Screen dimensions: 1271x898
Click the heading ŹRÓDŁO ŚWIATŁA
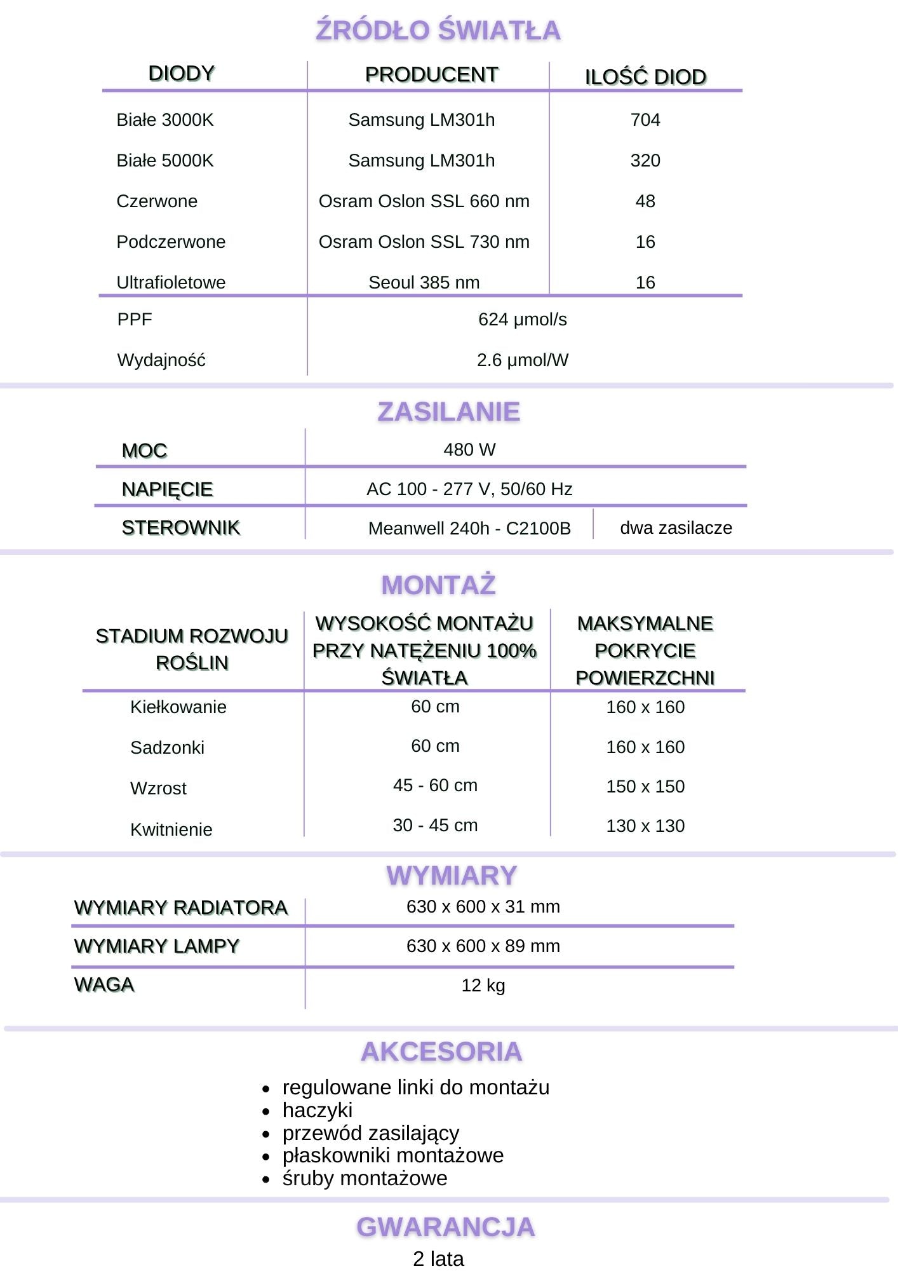pos(438,31)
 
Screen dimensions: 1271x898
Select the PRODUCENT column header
pos(431,74)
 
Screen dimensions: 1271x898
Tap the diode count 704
pos(645,119)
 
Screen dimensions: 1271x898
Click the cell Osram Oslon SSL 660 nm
pos(424,201)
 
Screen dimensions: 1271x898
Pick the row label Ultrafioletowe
pos(171,282)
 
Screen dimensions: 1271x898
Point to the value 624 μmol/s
pos(522,319)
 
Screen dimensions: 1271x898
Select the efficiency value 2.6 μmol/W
pos(522,360)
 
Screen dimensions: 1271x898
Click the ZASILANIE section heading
pos(448,412)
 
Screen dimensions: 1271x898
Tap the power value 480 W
pos(469,449)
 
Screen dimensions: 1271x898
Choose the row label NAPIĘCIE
pos(167,489)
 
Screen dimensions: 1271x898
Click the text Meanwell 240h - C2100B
pos(469,528)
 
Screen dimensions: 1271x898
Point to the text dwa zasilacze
pos(676,527)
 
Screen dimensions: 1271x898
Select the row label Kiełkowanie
pos(178,707)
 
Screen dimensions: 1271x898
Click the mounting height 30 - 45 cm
pos(435,825)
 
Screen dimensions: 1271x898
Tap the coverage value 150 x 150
pos(645,786)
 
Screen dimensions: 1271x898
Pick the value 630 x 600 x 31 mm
pos(483,906)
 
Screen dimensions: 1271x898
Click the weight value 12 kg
pos(483,985)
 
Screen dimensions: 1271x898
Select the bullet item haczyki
pos(317,1110)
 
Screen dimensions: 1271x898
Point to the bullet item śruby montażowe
pos(365,1178)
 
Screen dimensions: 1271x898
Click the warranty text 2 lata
pos(438,1258)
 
